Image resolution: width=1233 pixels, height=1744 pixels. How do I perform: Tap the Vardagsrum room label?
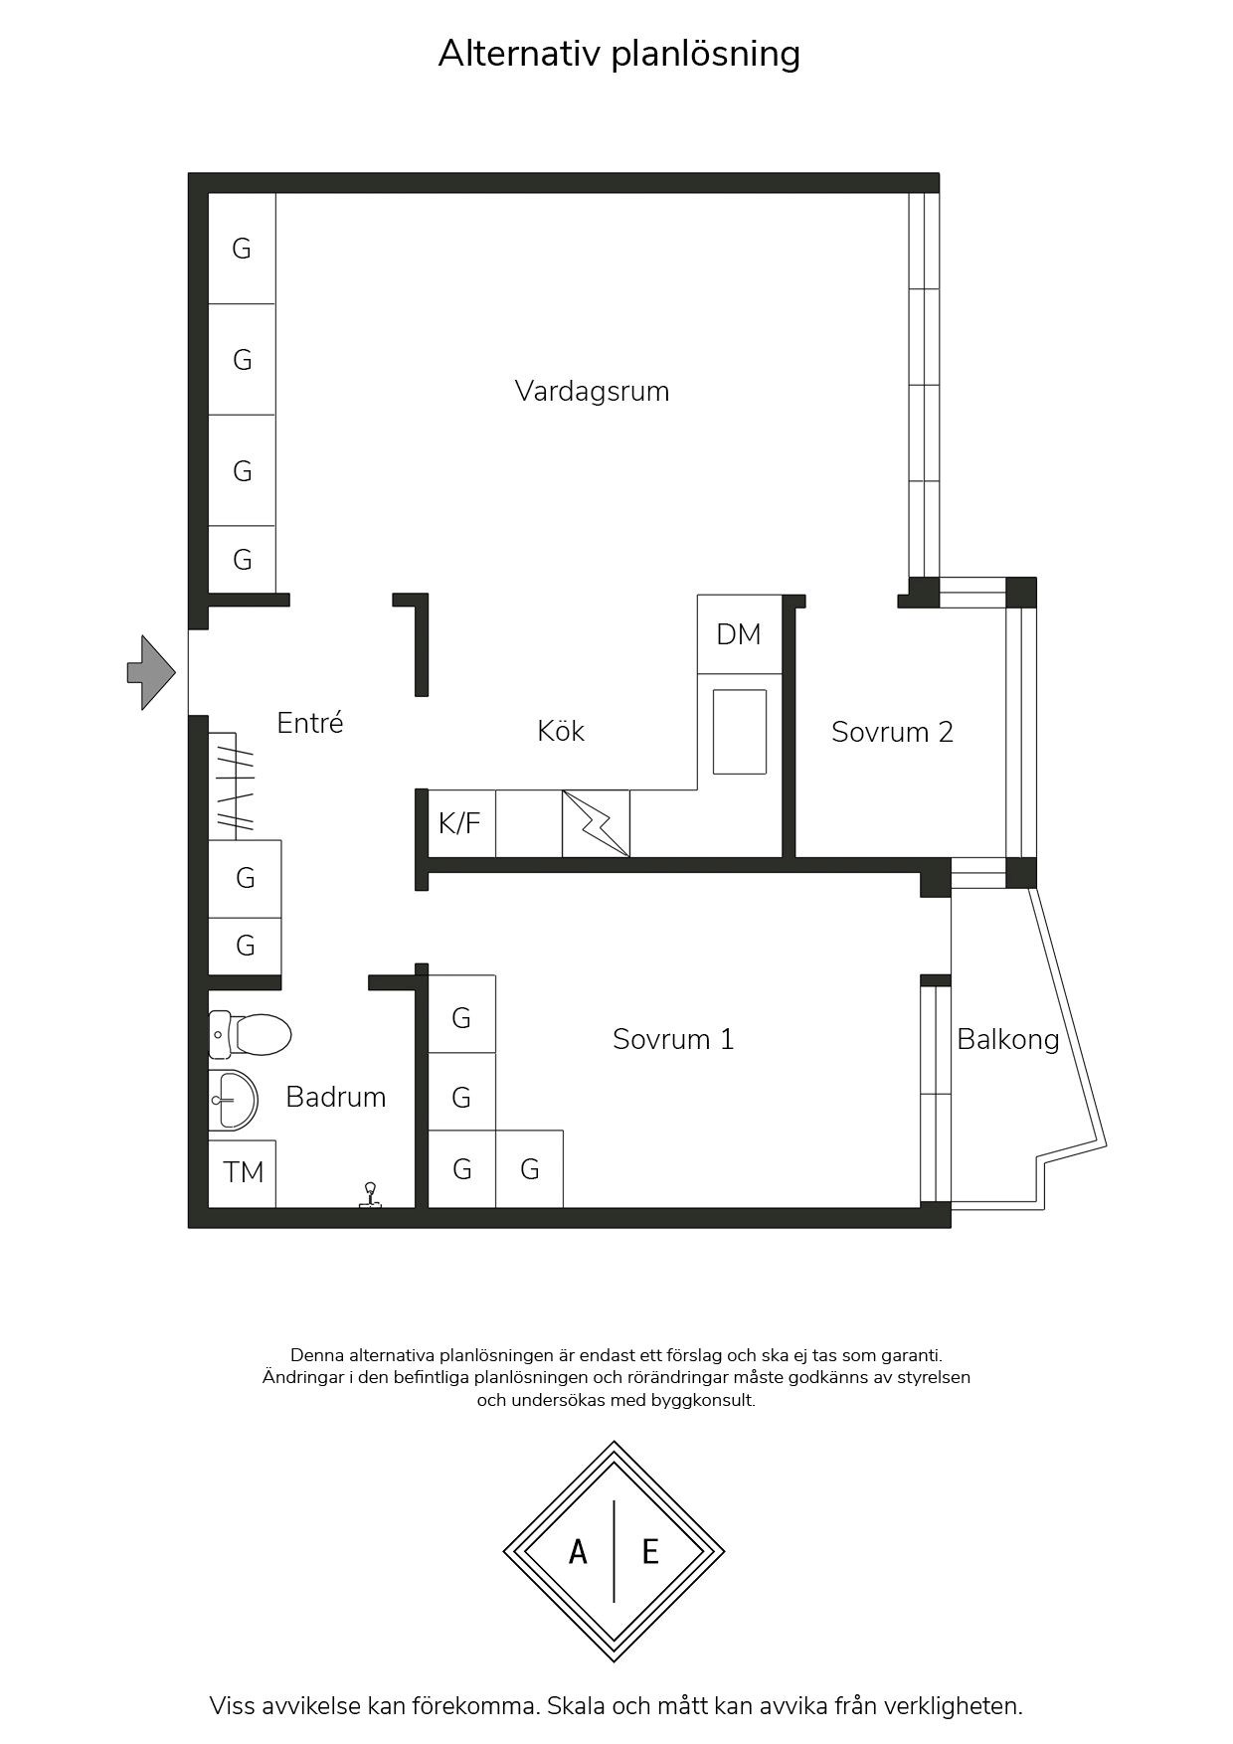click(592, 392)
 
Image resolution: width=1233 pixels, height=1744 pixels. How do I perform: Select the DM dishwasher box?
click(739, 634)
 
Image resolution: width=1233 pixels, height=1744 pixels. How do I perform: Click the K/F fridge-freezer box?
click(460, 823)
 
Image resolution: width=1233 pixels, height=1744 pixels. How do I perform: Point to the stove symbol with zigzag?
click(596, 823)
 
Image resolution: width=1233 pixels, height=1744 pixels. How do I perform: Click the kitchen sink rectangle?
click(740, 732)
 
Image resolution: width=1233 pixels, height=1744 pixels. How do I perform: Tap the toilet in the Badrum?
click(250, 1035)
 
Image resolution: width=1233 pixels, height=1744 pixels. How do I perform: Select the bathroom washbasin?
click(233, 1101)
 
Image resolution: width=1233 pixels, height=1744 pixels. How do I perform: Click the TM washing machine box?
click(243, 1173)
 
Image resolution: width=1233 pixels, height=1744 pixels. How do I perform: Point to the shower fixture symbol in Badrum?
click(371, 1196)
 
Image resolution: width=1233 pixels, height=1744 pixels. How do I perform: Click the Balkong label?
click(1007, 1041)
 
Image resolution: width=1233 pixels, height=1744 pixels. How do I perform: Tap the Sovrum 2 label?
click(892, 733)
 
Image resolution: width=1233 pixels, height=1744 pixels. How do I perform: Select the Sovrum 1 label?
click(673, 1040)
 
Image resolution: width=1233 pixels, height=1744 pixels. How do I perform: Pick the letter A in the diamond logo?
click(578, 1551)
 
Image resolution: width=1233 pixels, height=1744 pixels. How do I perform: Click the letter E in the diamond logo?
click(650, 1551)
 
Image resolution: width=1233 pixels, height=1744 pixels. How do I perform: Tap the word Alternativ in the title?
click(519, 54)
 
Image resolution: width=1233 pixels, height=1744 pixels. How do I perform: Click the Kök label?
click(561, 731)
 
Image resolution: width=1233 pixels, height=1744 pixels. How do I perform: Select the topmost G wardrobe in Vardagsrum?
click(242, 249)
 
